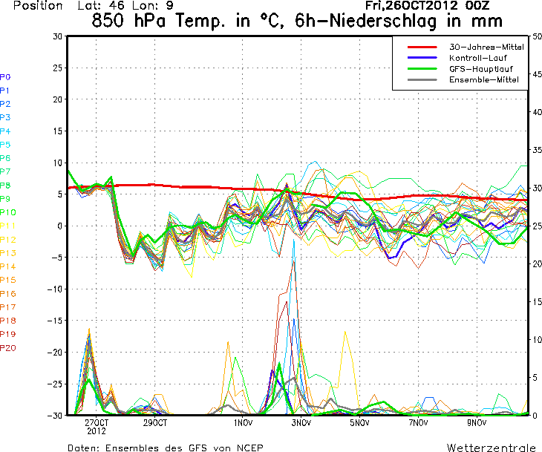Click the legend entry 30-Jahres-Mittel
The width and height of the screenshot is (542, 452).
point(486,47)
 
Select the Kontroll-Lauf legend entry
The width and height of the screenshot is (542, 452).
point(475,58)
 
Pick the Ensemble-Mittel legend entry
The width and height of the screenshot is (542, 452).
point(483,80)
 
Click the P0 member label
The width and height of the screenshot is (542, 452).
point(5,76)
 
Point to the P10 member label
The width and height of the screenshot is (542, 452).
point(8,212)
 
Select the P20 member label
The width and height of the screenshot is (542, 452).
point(8,347)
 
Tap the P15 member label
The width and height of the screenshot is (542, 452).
point(8,280)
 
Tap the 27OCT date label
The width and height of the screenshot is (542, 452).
point(97,423)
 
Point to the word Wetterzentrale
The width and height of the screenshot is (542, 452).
point(490,448)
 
